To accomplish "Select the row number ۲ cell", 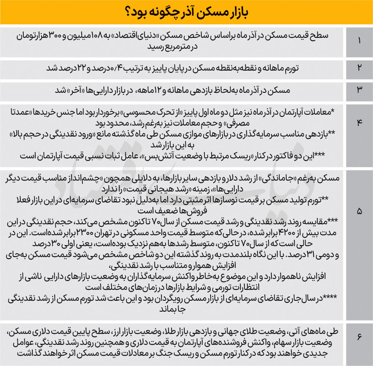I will (359, 68).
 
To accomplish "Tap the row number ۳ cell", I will (359, 90).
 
